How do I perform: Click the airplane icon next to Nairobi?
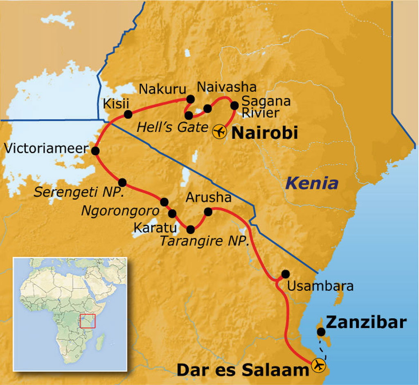tap(220, 132)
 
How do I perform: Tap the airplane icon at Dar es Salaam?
tap(318, 365)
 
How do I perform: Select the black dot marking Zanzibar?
tap(321, 332)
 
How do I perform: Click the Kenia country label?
tap(312, 183)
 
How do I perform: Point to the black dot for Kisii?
tap(128, 114)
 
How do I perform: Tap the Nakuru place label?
tap(162, 89)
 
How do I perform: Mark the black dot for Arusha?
tap(208, 212)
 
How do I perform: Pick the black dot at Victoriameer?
tap(95, 151)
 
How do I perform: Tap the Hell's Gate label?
tap(172, 127)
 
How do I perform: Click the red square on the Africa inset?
tap(88, 321)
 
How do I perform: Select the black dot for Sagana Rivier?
tap(234, 105)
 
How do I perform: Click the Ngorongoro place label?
tap(119, 211)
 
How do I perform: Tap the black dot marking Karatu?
tap(172, 213)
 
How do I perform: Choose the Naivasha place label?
tap(227, 87)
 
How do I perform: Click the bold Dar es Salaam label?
tap(242, 370)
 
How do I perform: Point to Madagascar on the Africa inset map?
tap(100, 341)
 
